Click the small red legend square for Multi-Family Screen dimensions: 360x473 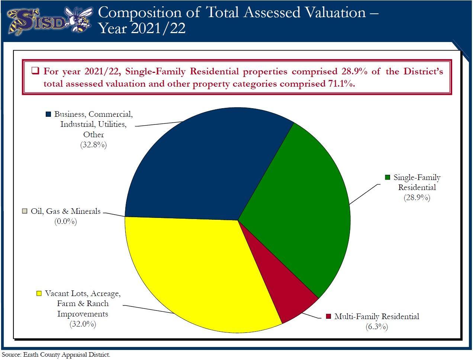click(x=328, y=316)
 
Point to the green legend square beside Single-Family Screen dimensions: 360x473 click(x=387, y=177)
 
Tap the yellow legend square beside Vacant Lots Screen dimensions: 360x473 click(x=39, y=293)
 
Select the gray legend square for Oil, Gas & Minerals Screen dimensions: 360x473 click(x=25, y=211)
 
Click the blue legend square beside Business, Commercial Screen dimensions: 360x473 click(x=48, y=114)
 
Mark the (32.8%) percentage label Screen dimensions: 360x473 click(x=93, y=145)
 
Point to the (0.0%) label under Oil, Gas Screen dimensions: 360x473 click(x=65, y=222)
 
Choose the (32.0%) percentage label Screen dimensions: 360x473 click(x=83, y=324)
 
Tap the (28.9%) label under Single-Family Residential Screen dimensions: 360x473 click(x=417, y=197)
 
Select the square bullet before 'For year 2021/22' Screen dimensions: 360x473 click(x=35, y=71)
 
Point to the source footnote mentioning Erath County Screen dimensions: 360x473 click(x=56, y=354)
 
